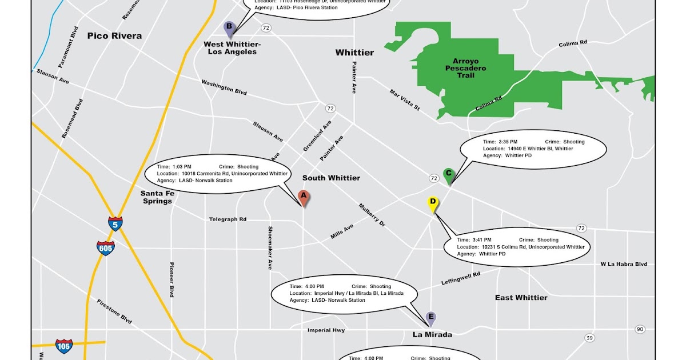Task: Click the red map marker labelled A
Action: tap(304, 197)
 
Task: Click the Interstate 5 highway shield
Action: tap(115, 223)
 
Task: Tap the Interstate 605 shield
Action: tap(105, 248)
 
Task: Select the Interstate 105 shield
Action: tap(64, 346)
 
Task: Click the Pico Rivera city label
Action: tap(114, 35)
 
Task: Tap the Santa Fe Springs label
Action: tap(157, 197)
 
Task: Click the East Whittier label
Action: tap(521, 297)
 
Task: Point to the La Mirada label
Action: tap(432, 335)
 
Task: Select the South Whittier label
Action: tap(331, 178)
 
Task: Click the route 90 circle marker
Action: tap(640, 329)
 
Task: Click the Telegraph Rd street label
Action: tap(228, 219)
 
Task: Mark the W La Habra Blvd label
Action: tap(623, 264)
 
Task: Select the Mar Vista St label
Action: tap(405, 99)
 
